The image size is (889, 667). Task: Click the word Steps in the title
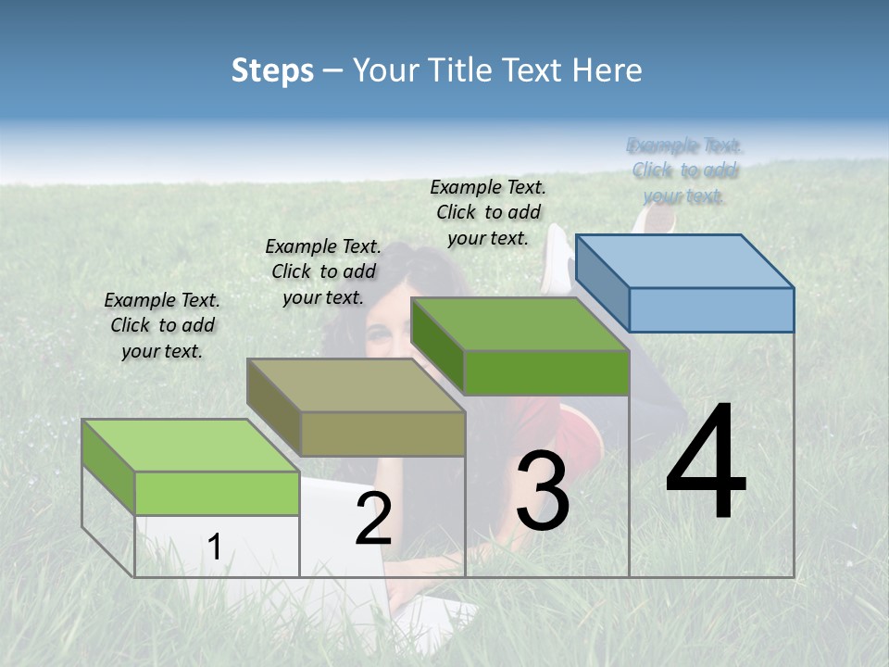pos(272,70)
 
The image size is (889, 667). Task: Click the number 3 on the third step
pos(543,491)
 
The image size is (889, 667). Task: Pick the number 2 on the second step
pos(373,519)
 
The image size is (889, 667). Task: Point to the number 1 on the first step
pos(214,547)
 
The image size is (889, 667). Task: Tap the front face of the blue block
pos(711,309)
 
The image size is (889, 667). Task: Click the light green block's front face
pos(217,493)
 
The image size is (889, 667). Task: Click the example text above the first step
pos(162,325)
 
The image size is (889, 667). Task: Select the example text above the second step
pos(323,271)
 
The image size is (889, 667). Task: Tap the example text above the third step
pos(488,212)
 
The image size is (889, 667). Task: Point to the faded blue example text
pos(684,170)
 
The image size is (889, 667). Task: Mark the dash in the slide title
pos(332,71)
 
